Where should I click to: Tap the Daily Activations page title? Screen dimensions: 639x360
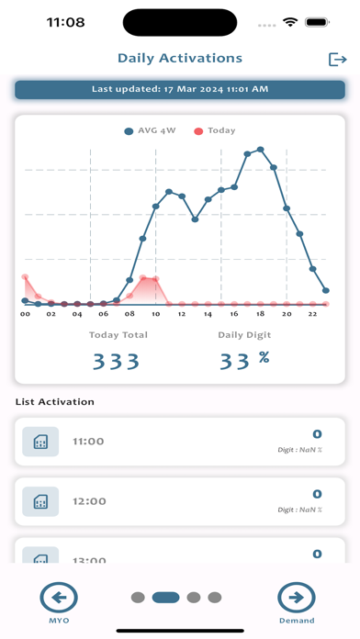[x=180, y=58]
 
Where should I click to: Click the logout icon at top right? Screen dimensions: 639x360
[x=337, y=59]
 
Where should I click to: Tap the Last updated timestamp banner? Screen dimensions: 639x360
[x=180, y=89]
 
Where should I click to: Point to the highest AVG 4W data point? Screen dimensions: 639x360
[x=261, y=149]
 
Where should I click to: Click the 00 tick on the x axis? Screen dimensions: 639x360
[x=26, y=314]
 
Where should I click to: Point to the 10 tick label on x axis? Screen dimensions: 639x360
[x=156, y=314]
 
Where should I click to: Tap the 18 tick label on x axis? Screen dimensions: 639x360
[x=261, y=314]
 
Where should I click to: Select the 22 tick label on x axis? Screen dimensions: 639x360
[x=313, y=314]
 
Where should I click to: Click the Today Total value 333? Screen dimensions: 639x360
[x=115, y=361]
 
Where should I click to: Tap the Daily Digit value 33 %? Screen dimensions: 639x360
[x=243, y=360]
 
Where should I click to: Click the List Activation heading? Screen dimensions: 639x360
[x=54, y=401]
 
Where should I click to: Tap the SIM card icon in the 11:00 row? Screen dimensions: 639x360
[x=40, y=442]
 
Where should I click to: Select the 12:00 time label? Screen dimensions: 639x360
[x=89, y=501]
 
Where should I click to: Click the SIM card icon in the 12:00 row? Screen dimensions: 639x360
[x=40, y=501]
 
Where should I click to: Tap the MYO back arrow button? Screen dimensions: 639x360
[x=59, y=599]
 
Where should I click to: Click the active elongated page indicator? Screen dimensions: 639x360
[x=165, y=598]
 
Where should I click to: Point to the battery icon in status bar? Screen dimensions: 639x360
[x=317, y=21]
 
